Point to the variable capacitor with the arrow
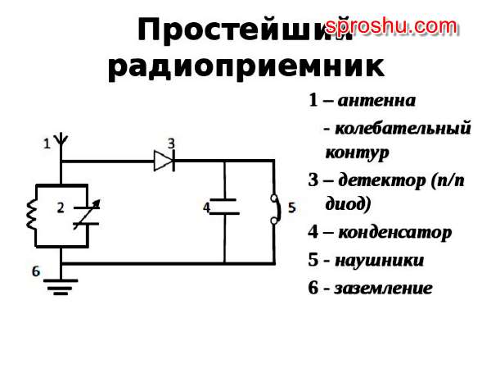[83, 216]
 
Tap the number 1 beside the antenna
[47, 143]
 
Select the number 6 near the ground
[35, 270]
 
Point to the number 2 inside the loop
[60, 208]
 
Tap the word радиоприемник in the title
[245, 65]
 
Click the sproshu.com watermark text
[390, 26]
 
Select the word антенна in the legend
[376, 101]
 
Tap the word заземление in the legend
[383, 289]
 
